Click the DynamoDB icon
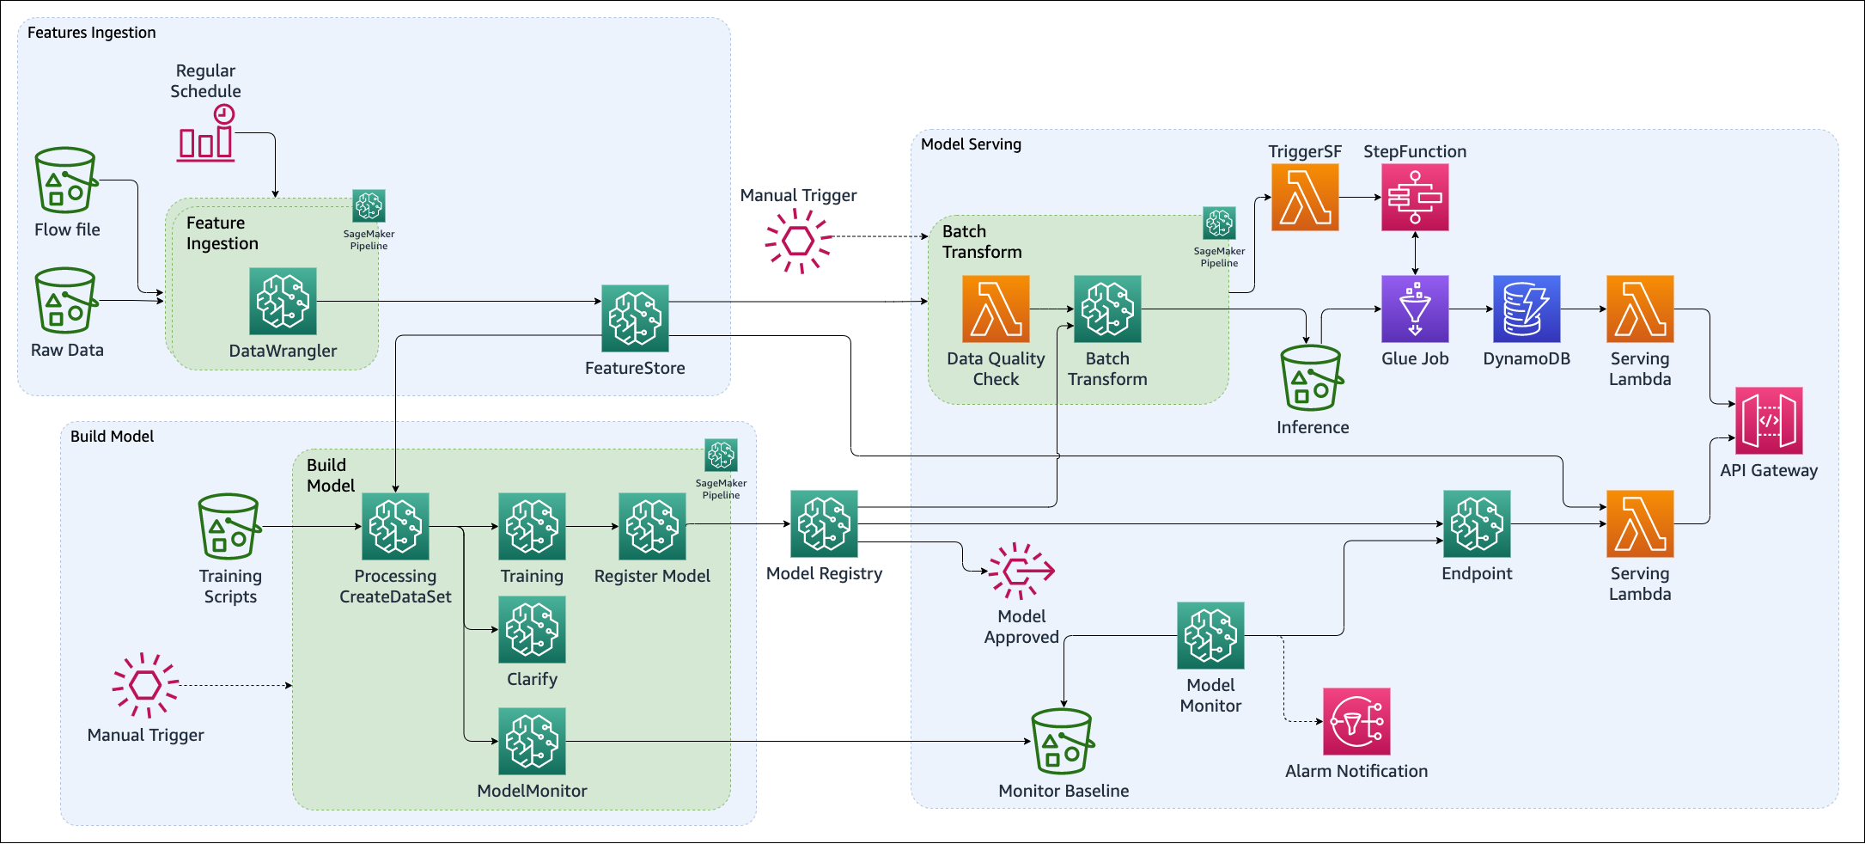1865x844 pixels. pos(1527,309)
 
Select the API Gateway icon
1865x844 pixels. pos(1769,421)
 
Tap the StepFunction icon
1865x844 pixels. pos(1415,198)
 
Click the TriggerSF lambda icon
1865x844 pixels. pos(1305,198)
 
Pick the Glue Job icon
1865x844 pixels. pos(1415,309)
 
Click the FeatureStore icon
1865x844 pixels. pos(635,318)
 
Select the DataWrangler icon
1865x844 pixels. pos(283,301)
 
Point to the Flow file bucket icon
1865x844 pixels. pos(65,180)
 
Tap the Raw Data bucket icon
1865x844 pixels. pos(65,301)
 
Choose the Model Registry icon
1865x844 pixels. pos(824,523)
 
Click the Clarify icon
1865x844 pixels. pos(532,630)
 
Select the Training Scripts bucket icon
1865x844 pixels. pos(229,526)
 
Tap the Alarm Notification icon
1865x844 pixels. pos(1356,721)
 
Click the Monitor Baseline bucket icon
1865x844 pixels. pos(1063,741)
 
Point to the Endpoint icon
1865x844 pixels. pos(1477,523)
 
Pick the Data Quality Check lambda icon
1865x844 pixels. pos(996,309)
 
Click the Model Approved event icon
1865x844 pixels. pos(1021,570)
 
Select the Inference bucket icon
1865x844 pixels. pos(1311,378)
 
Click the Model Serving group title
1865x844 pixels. pos(971,144)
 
